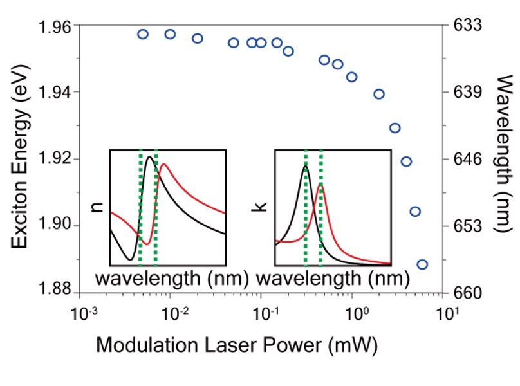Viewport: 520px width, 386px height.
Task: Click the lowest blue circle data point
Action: pyautogui.click(x=422, y=264)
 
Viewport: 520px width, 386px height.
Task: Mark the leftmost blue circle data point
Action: pyautogui.click(x=143, y=34)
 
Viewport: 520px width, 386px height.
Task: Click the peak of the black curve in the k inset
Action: pyautogui.click(x=305, y=166)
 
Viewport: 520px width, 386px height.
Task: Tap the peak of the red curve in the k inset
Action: pyautogui.click(x=320, y=185)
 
